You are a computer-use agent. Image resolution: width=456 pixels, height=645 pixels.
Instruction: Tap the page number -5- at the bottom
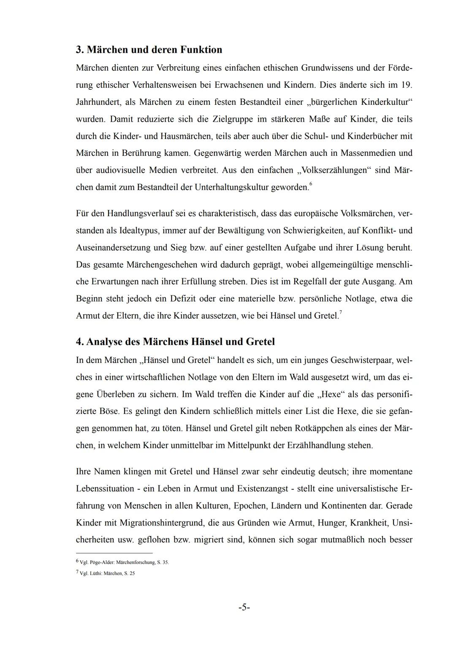coord(244,607)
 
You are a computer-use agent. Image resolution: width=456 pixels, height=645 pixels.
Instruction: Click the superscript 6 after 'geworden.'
coord(311,184)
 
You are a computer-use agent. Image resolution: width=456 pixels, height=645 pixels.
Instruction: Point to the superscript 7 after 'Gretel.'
coord(341,312)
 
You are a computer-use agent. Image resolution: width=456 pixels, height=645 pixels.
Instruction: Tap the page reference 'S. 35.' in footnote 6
coord(163,563)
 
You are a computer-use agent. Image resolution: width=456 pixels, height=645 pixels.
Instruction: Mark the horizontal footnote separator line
coord(114,552)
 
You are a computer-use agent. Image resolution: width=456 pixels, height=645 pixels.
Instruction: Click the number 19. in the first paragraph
coord(406,85)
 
